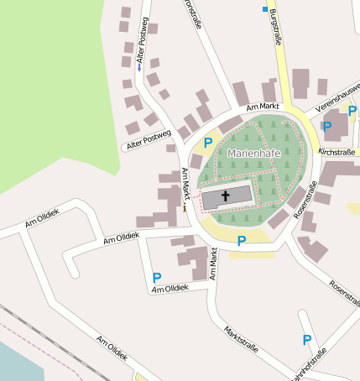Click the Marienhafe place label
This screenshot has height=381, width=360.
coord(253,154)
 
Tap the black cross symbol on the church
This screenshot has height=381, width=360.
coord(226,196)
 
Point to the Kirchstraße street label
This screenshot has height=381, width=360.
coord(339,152)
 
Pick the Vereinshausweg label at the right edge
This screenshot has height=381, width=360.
coord(337,97)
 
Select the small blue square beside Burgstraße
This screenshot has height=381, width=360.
coord(265,9)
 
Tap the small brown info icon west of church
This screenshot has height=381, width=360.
coord(185,208)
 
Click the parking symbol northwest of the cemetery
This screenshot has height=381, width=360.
coord(207,143)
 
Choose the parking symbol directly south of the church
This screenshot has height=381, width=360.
coord(242,241)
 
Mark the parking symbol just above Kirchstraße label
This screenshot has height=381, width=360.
coord(327,127)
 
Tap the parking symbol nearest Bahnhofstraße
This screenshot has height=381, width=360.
coord(306,340)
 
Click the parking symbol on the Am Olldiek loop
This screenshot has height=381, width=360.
coord(156,277)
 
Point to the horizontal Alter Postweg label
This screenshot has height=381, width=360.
coord(148,140)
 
